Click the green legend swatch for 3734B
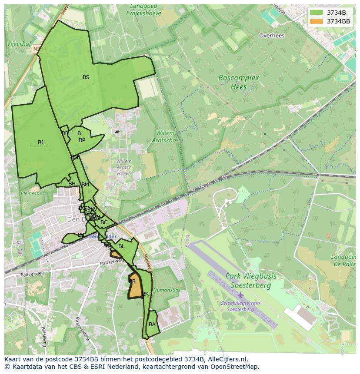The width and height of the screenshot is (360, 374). tap(317, 13)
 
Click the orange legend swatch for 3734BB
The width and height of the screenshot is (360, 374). tap(317, 21)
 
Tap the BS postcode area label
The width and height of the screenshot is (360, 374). tap(86, 77)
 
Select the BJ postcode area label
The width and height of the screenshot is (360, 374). tap(40, 142)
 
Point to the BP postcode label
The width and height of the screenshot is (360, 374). tap(82, 140)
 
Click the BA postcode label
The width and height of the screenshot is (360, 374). tap(152, 324)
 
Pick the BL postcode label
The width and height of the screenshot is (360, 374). tap(121, 246)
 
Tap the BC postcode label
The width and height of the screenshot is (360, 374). tap(104, 222)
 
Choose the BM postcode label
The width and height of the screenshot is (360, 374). tap(85, 185)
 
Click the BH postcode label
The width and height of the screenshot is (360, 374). tap(72, 184)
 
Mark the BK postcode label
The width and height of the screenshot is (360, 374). tap(145, 294)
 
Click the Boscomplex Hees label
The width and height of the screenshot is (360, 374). tap(238, 82)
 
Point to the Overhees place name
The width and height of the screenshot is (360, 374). tap(272, 36)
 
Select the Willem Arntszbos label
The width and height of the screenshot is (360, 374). tap(163, 136)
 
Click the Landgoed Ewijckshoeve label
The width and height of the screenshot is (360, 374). tap(143, 10)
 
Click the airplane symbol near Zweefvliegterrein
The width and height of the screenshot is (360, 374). tap(240, 295)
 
